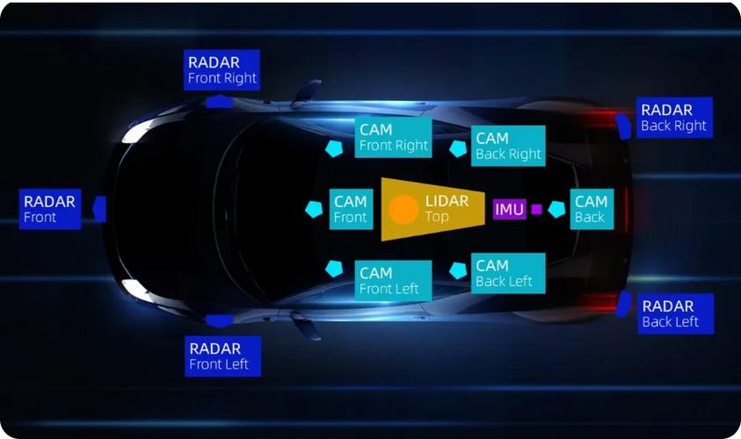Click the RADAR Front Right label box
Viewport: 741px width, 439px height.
coord(222,70)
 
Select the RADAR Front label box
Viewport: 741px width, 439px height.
coord(50,209)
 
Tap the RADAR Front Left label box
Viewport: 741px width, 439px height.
coord(222,356)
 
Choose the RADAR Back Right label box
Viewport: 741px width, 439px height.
coord(674,118)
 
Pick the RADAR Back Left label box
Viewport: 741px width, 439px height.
coord(676,314)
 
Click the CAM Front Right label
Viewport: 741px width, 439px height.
coord(393,137)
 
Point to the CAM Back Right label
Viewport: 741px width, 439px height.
coord(508,146)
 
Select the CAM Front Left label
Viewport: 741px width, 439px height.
coord(393,281)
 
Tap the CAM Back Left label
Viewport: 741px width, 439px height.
coord(508,273)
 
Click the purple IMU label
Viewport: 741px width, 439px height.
coord(510,209)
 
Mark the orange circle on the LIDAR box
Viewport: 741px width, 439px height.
coord(403,209)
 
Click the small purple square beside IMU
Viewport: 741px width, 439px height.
coord(536,209)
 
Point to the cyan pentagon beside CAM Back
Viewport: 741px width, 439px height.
coord(556,209)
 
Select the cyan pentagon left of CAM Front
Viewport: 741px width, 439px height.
coord(314,209)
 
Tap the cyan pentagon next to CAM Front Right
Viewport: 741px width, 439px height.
coord(334,148)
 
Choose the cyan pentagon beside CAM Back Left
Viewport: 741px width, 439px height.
coord(458,270)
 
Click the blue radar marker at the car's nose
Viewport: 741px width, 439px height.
coord(99,209)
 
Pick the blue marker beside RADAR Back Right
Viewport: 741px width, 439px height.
coord(624,126)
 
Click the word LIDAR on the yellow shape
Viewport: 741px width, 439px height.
coord(447,201)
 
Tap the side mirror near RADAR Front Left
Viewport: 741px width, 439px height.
coord(305,327)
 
